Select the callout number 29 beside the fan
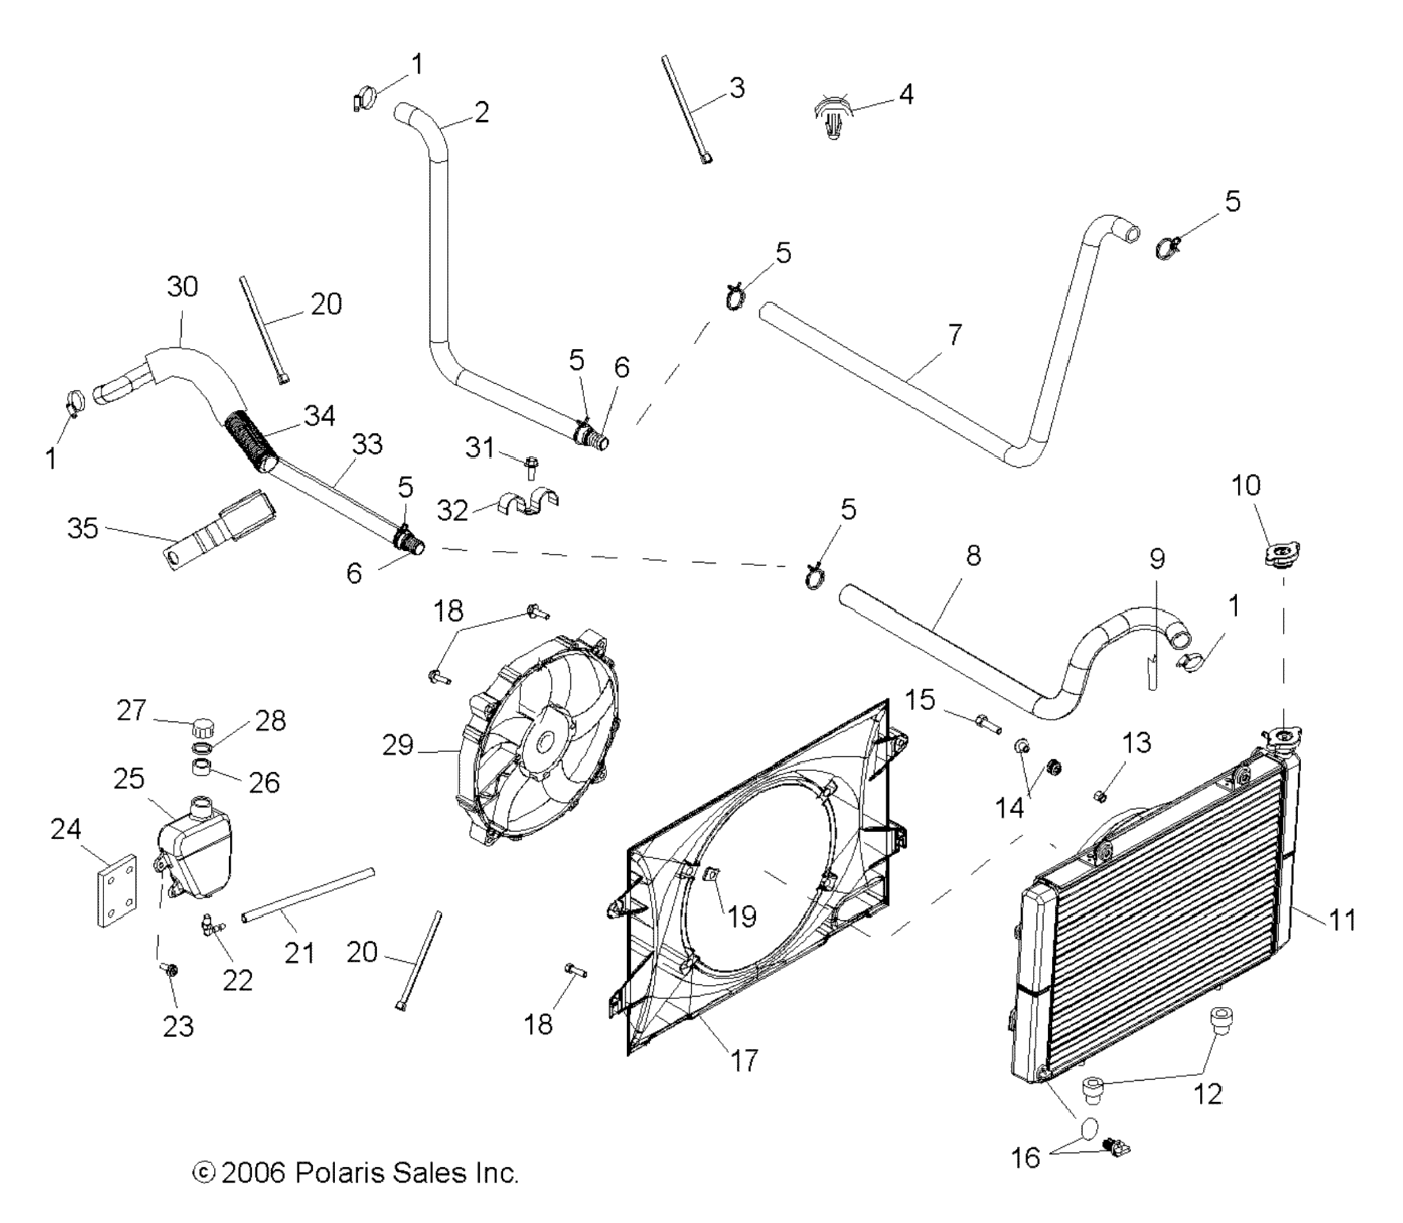(398, 745)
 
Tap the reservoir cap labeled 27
(203, 726)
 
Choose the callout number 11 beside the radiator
(1341, 920)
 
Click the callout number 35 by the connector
(82, 528)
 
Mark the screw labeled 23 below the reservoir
(170, 969)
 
